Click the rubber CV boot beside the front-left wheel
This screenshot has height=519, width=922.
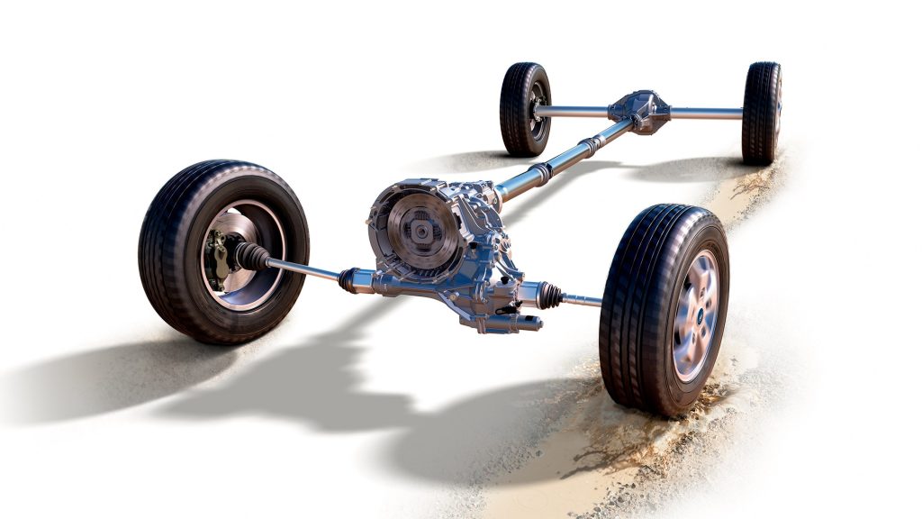coord(251,256)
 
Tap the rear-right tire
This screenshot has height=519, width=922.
coord(761,113)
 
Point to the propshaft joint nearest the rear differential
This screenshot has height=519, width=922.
coord(590,145)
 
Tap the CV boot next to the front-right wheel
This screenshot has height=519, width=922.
coord(549,294)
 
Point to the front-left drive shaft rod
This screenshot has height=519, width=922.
coord(302,269)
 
